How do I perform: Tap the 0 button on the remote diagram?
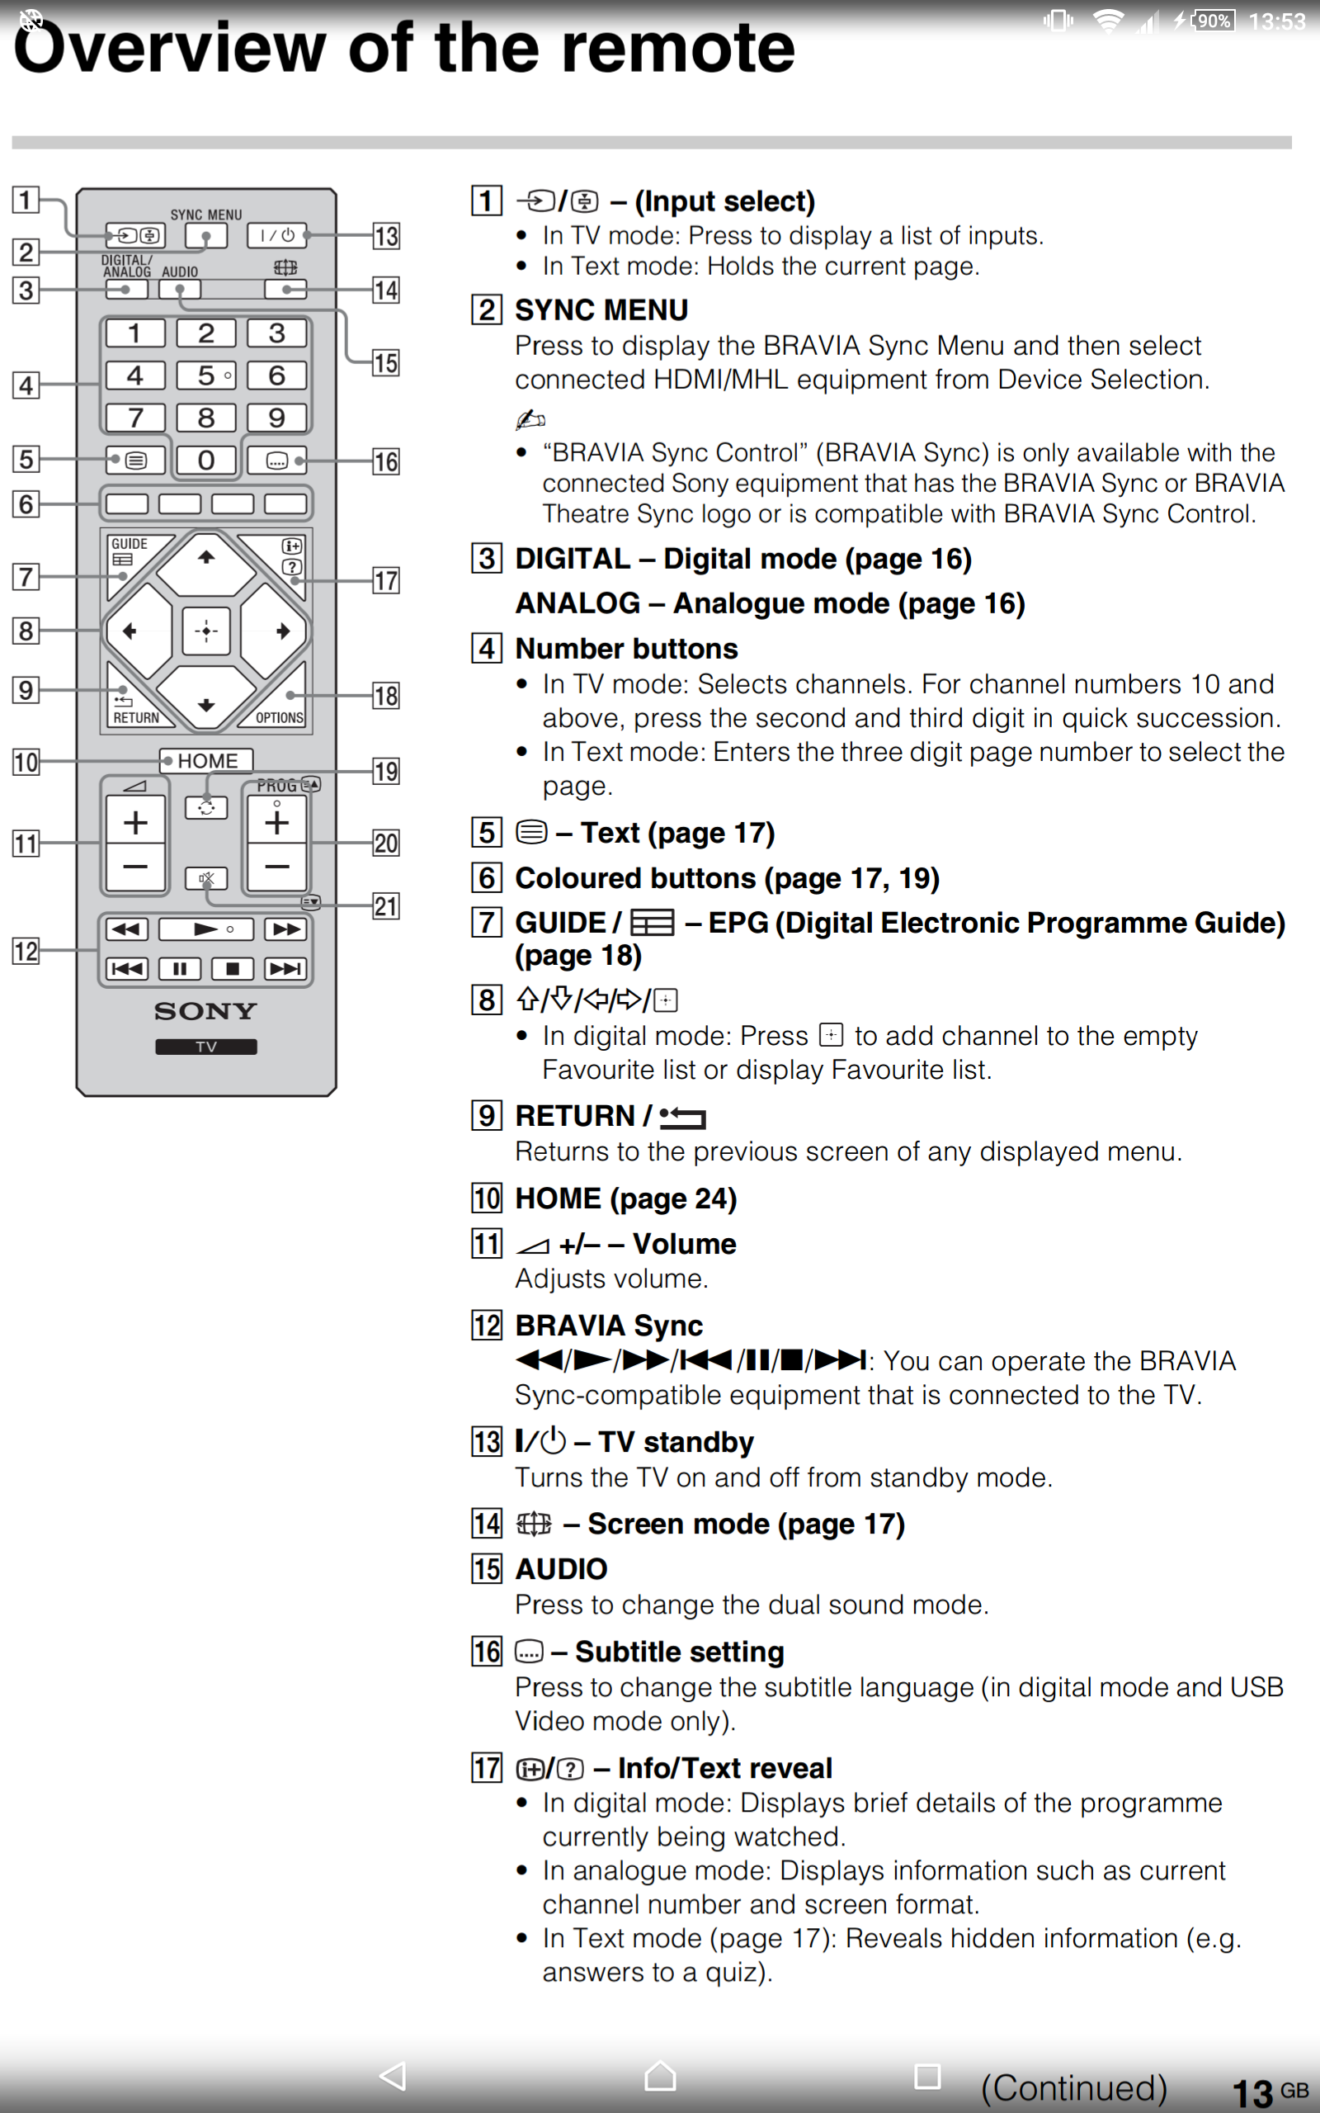point(206,459)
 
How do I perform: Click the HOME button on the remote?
point(206,760)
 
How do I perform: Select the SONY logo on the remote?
point(206,1011)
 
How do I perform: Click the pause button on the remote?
point(180,967)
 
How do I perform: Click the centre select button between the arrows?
point(206,631)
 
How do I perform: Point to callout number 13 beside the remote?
point(386,236)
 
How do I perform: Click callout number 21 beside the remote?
point(386,906)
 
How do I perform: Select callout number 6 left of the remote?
point(26,503)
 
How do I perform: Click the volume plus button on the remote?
point(135,821)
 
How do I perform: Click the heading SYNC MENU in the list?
point(601,310)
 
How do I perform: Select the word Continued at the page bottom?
point(1074,2087)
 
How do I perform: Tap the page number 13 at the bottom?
point(1252,2092)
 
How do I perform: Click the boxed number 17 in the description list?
point(486,1768)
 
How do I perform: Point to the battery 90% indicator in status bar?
point(1213,20)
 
